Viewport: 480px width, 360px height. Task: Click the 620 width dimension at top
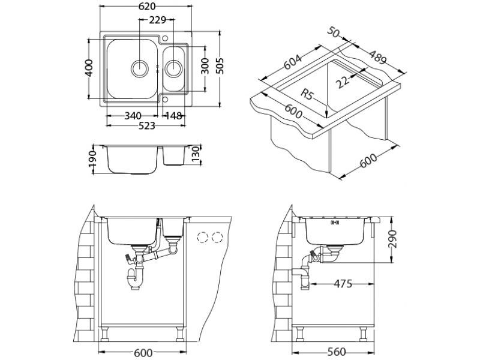(x=147, y=7)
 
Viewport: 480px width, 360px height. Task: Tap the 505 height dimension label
(x=220, y=67)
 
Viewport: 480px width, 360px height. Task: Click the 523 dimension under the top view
(x=147, y=126)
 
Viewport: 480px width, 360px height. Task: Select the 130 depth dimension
(x=196, y=158)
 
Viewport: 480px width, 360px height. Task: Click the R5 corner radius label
(x=308, y=93)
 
